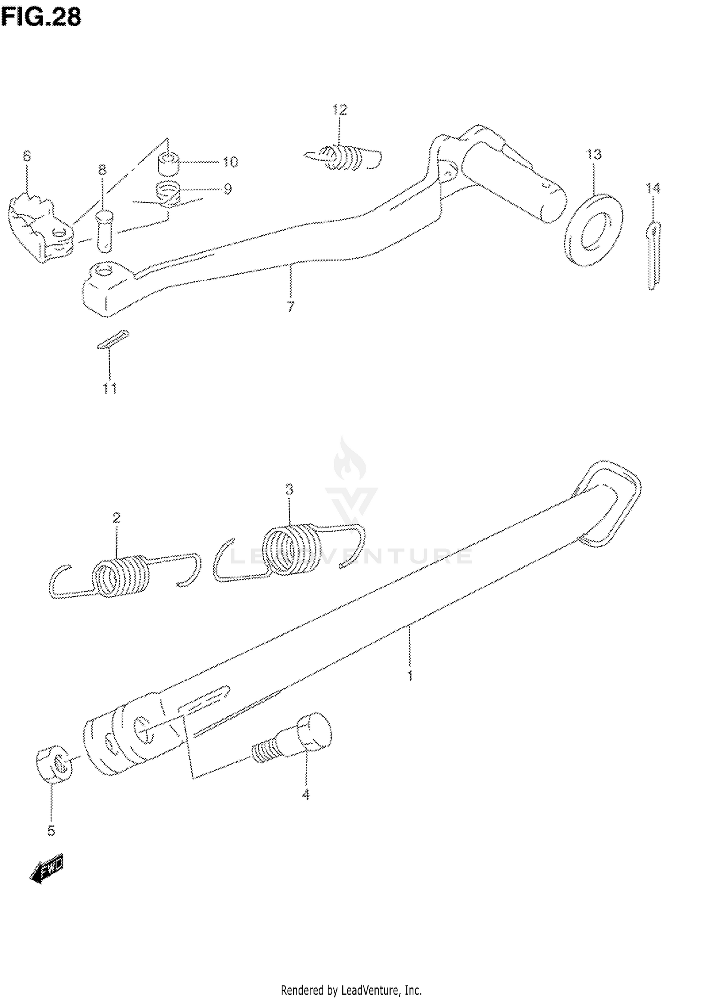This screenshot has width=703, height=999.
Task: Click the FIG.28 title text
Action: pos(41,17)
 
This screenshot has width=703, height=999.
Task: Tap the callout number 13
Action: pos(594,154)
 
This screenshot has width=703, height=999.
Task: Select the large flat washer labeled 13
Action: pos(593,230)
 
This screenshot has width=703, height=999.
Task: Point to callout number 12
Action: pos(339,110)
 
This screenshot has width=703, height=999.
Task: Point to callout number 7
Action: pos(291,307)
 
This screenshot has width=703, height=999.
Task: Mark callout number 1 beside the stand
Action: pos(410,676)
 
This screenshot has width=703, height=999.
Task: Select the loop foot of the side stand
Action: pos(609,504)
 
